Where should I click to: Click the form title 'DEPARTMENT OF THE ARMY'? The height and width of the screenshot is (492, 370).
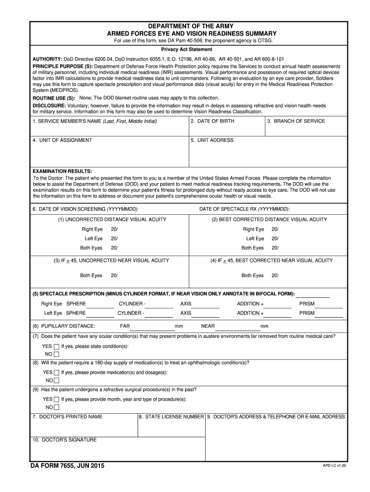(x=191, y=26)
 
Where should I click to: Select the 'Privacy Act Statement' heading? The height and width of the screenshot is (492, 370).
(x=186, y=49)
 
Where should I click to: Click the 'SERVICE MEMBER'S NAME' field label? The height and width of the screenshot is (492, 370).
(x=95, y=121)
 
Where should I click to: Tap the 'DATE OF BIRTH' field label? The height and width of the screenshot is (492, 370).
(x=212, y=121)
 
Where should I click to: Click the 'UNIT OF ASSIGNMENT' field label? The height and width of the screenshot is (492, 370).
(x=62, y=140)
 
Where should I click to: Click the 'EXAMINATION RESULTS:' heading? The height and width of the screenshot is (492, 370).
(x=62, y=171)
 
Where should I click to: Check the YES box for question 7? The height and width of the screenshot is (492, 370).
(x=57, y=346)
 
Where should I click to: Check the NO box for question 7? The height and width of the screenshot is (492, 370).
(x=57, y=355)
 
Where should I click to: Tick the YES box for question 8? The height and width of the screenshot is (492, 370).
(x=57, y=373)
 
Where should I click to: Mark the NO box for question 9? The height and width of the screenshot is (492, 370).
(x=57, y=407)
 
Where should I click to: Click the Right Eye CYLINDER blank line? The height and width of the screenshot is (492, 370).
(x=160, y=307)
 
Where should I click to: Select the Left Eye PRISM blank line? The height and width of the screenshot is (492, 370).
(x=329, y=316)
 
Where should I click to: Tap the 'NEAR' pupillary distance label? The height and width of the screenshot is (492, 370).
(x=208, y=326)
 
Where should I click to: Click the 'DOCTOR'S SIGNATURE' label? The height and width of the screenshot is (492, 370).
(x=64, y=440)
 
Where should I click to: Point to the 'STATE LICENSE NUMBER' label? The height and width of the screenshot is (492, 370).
(x=171, y=417)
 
